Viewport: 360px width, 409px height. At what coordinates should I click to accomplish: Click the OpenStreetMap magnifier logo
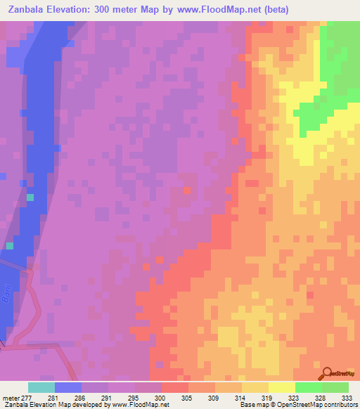(326, 374)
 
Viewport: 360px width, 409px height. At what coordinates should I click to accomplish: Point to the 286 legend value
(82, 397)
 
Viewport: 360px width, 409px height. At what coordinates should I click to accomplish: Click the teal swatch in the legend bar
(41, 387)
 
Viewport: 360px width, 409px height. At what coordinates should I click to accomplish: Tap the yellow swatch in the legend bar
(281, 387)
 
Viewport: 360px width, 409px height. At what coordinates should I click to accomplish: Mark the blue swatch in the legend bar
(67, 387)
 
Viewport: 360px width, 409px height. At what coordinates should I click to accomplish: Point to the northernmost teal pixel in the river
(30, 197)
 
